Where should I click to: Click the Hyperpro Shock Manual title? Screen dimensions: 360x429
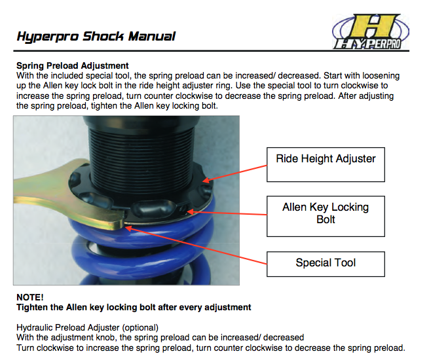(x=96, y=36)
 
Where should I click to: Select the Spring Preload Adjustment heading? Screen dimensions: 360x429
(x=72, y=66)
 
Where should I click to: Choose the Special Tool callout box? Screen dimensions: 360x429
(x=326, y=263)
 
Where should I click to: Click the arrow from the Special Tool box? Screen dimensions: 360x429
(x=196, y=245)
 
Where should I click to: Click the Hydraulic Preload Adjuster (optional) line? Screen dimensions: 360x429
(x=87, y=327)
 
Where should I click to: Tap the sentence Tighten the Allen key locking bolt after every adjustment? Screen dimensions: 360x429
(x=134, y=306)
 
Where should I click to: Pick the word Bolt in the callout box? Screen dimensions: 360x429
(x=326, y=219)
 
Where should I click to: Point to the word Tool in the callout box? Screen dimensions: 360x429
(x=343, y=263)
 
